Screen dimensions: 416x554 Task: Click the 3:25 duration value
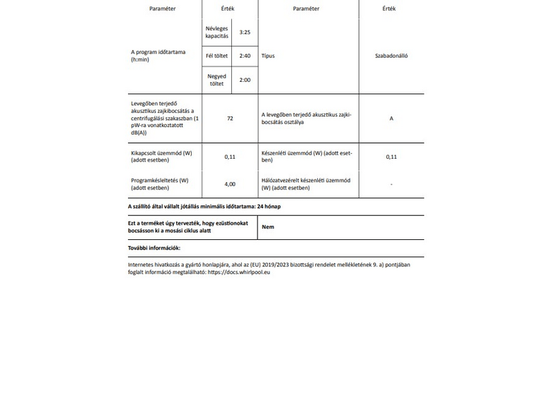pyautogui.click(x=244, y=32)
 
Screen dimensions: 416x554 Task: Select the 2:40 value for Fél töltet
pyautogui.click(x=244, y=55)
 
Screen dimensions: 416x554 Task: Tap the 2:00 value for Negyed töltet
pyautogui.click(x=244, y=80)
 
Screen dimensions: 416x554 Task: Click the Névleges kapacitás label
pyautogui.click(x=217, y=32)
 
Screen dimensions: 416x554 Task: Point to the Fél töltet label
pyautogui.click(x=217, y=55)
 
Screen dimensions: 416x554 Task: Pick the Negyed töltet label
pyautogui.click(x=217, y=80)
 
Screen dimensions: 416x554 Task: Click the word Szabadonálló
pyautogui.click(x=391, y=55)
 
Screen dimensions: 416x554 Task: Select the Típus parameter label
pyautogui.click(x=268, y=55)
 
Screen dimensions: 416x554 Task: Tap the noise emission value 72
pyautogui.click(x=230, y=119)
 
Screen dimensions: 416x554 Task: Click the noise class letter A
pyautogui.click(x=391, y=119)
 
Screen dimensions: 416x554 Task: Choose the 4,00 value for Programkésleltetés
pyautogui.click(x=230, y=184)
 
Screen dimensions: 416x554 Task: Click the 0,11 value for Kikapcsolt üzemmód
pyautogui.click(x=230, y=157)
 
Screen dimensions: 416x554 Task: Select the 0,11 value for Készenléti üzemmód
pyautogui.click(x=391, y=157)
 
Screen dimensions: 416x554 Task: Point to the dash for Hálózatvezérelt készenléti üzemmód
pyautogui.click(x=391, y=184)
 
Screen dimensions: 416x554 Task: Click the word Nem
pyautogui.click(x=267, y=227)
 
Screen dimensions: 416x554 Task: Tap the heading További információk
pyautogui.click(x=154, y=248)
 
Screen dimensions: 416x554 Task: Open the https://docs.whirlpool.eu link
pyautogui.click(x=239, y=272)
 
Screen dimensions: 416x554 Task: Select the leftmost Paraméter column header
pyautogui.click(x=163, y=9)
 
